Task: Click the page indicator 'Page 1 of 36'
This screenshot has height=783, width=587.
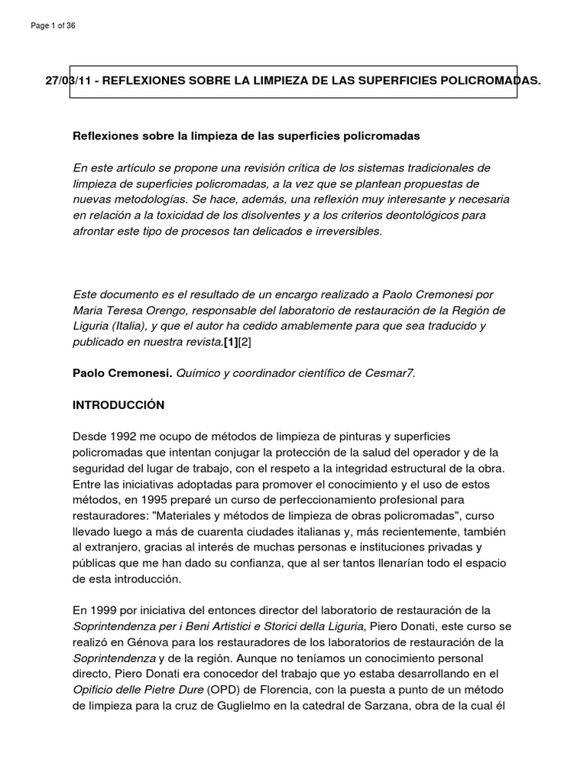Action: (x=53, y=26)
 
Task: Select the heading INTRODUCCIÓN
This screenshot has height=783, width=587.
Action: (x=118, y=404)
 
